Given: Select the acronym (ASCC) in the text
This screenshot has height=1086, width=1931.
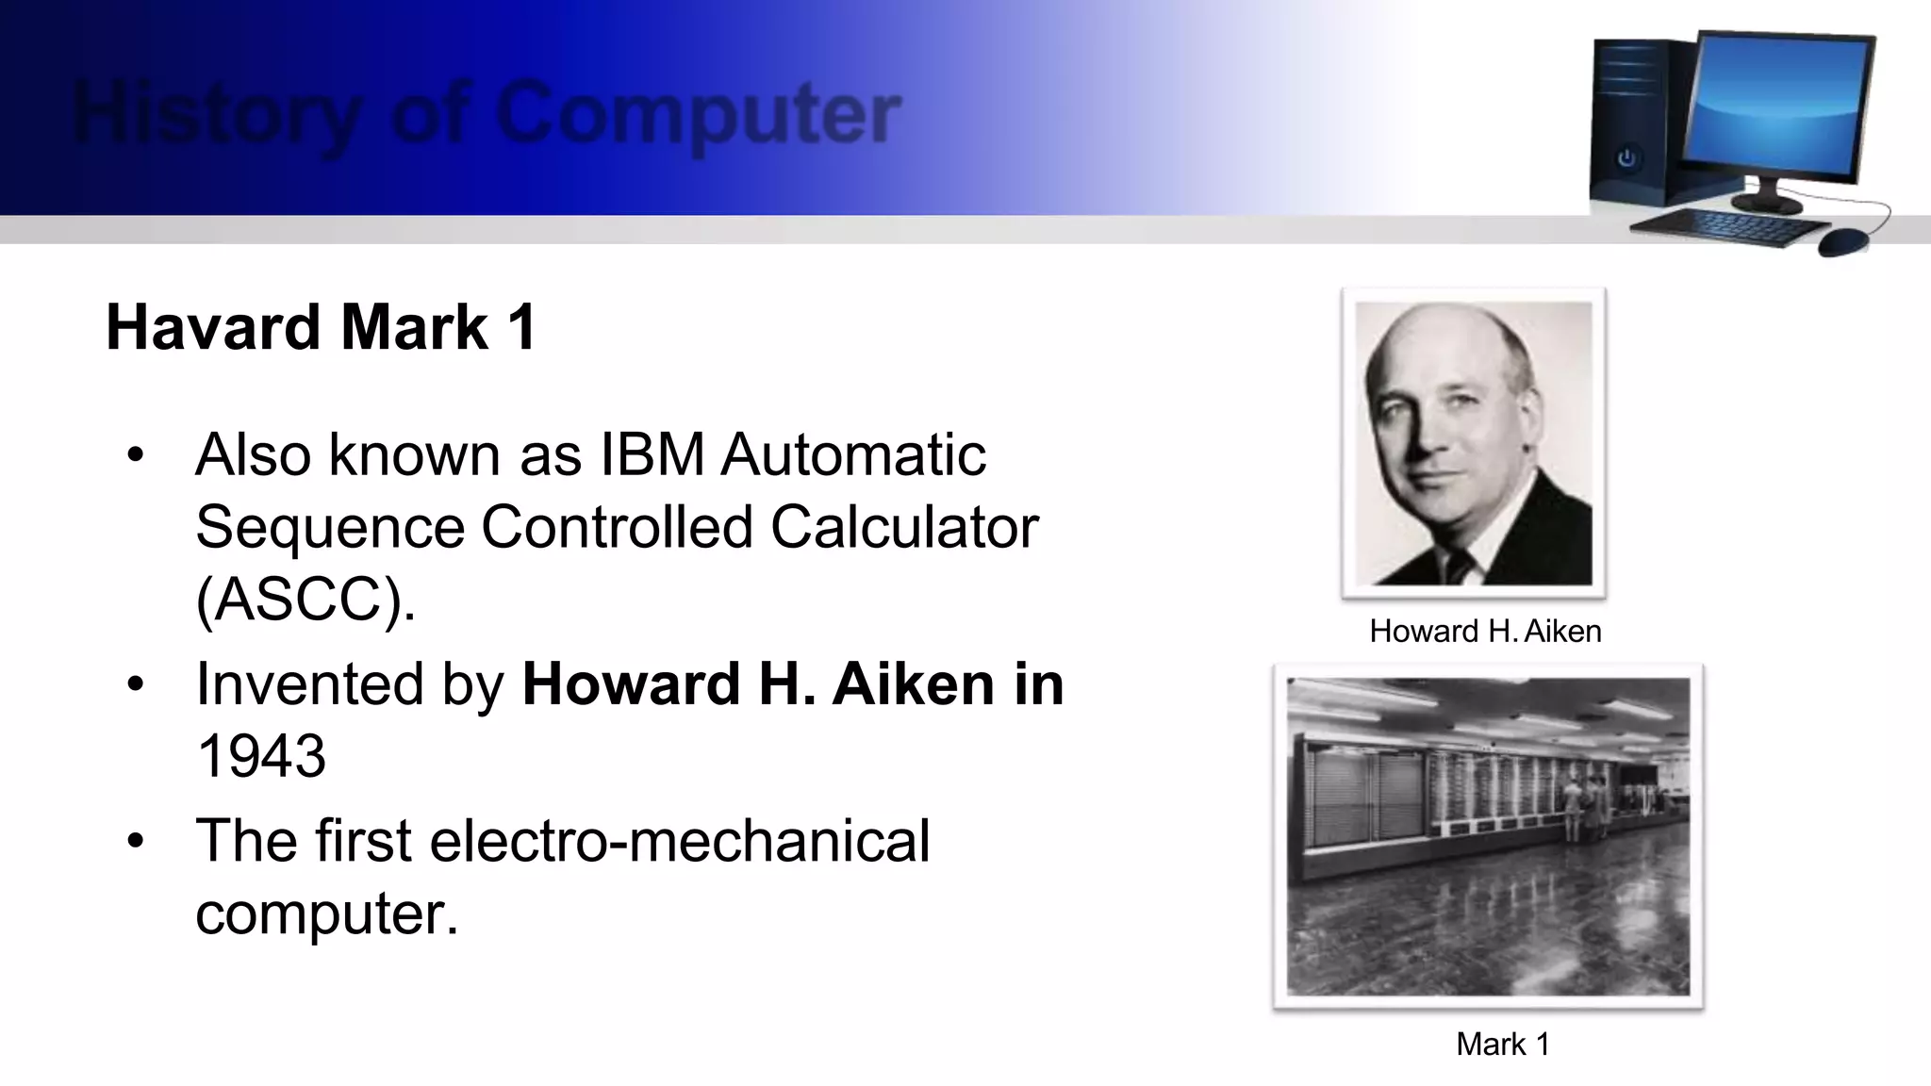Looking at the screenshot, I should point(305,599).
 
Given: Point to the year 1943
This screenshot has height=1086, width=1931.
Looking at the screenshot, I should point(261,756).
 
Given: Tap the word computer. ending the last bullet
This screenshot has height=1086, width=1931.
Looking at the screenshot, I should point(326,913).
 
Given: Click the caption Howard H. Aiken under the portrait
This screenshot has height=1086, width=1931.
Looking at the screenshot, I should point(1485,631).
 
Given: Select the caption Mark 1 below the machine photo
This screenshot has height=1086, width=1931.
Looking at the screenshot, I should point(1503,1044).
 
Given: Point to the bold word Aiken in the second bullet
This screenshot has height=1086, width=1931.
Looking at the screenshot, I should point(913,683).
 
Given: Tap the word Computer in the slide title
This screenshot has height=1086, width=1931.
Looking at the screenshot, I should point(698,114).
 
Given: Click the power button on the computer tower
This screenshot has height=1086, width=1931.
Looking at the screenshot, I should point(1626,158).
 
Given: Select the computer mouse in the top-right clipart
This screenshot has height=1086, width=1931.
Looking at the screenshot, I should point(1842,241).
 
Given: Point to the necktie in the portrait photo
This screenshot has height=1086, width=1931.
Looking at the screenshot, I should point(1461,567).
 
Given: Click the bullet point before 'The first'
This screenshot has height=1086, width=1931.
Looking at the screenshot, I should point(136,840).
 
